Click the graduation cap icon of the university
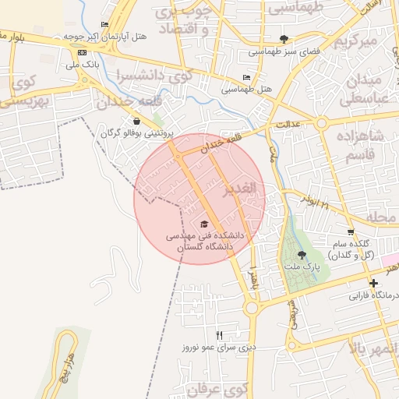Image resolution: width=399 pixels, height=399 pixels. pos(205,221)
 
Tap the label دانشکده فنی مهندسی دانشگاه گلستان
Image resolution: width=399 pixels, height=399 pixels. pos(204,240)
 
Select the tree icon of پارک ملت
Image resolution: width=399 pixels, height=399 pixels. pos(302,255)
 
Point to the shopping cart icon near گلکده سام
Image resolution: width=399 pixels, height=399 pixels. pos(351,231)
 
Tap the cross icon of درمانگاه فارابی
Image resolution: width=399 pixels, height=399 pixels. pos(373,283)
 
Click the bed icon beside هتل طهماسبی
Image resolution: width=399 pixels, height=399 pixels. pos(246,78)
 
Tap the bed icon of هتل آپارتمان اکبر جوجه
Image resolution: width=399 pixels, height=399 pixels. pos(104,25)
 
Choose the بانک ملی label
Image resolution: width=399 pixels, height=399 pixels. pos(86,65)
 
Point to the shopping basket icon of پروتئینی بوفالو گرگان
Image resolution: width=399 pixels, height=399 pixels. pos(137,121)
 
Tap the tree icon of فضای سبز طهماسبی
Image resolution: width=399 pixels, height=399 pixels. pos(284,39)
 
